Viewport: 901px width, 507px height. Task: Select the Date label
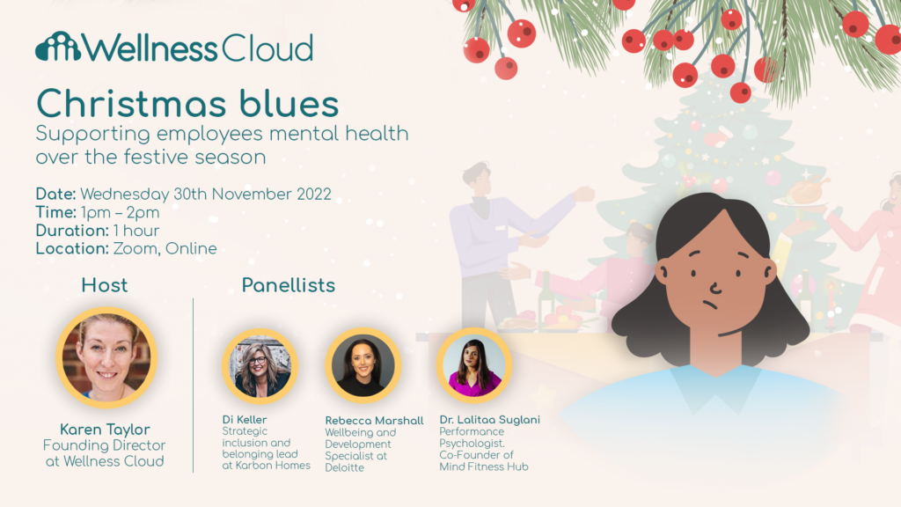point(56,194)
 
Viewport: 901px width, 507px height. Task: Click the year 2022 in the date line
point(312,194)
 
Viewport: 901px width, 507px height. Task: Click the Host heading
point(105,285)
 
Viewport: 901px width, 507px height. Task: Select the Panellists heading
point(289,285)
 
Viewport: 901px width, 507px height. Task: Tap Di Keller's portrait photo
point(260,365)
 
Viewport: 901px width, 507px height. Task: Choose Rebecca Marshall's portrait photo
point(363,365)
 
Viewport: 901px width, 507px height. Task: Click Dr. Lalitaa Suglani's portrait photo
point(474,365)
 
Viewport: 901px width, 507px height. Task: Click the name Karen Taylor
point(105,430)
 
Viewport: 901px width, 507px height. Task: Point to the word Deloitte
point(345,467)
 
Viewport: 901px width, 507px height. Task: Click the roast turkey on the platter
point(806,191)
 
